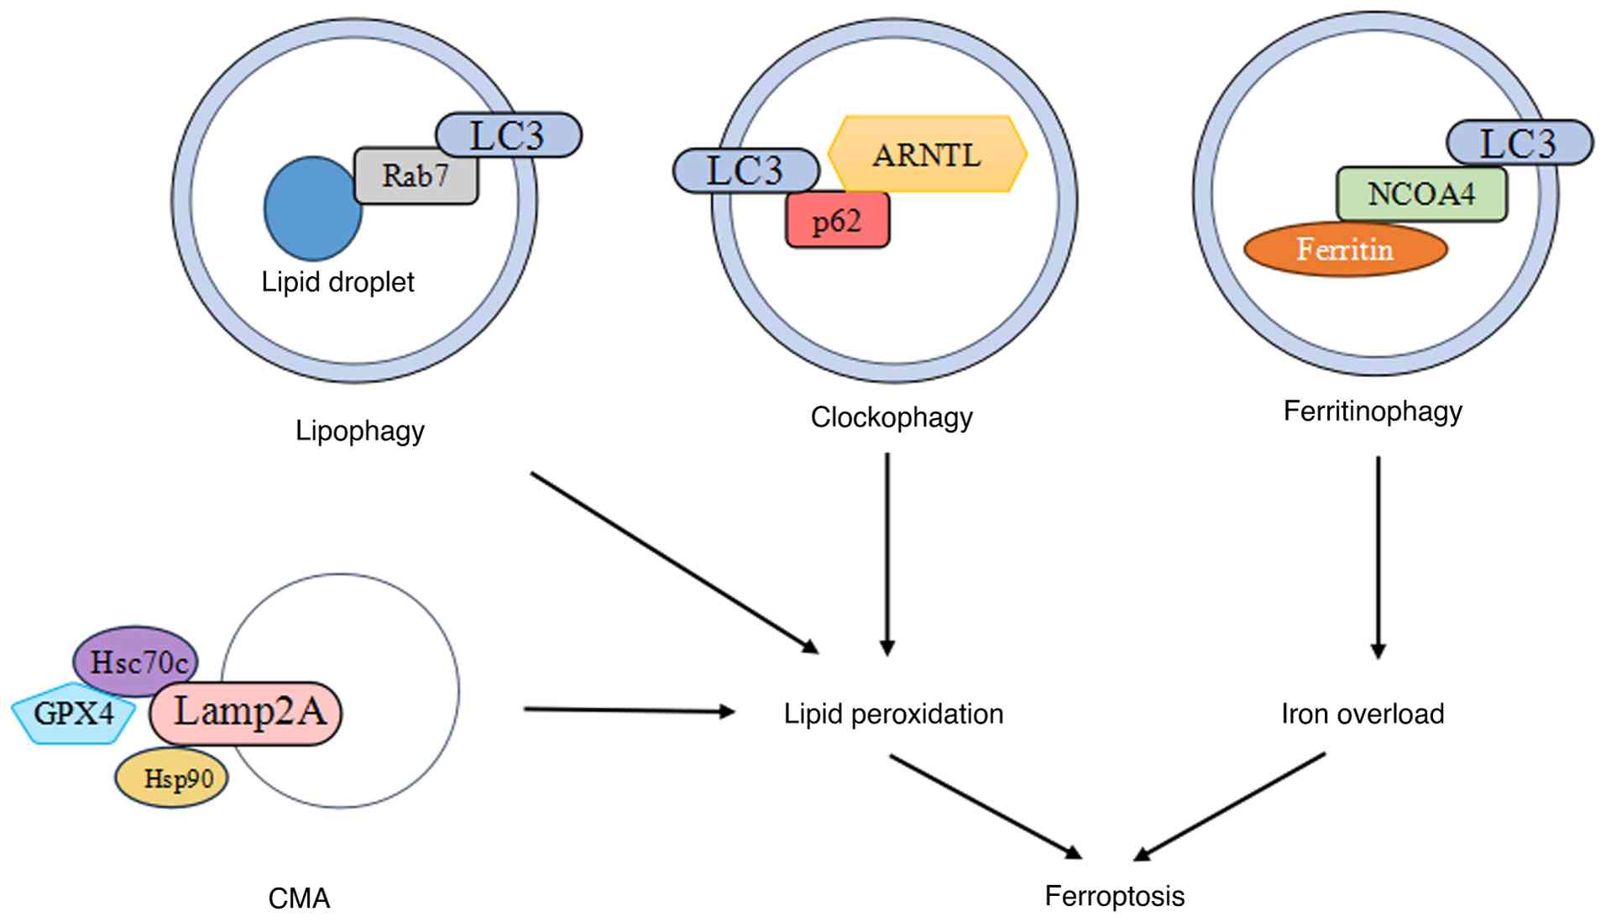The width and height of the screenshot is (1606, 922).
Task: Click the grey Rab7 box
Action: click(416, 176)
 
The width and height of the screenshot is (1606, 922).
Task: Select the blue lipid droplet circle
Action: click(311, 208)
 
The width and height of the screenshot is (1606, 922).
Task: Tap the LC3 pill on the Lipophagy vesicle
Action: click(508, 135)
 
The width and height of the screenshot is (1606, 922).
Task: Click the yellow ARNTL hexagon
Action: click(927, 155)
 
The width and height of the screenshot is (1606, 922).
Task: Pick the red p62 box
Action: click(837, 221)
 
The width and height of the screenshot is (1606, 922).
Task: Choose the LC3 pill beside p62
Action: click(745, 170)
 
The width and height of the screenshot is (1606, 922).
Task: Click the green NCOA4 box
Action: click(1420, 194)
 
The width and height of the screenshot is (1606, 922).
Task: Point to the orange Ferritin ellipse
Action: click(1345, 249)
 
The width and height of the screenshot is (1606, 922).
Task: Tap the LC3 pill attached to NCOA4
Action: click(1519, 143)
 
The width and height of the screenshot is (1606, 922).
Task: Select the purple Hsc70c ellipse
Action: click(137, 662)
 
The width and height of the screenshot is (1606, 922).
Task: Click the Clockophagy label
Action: click(891, 417)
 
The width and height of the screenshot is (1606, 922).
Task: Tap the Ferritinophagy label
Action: click(1373, 411)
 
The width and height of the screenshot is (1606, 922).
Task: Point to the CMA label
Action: click(299, 898)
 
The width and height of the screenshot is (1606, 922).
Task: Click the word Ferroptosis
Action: click(1114, 896)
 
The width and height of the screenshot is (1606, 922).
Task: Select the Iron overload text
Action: click(1362, 714)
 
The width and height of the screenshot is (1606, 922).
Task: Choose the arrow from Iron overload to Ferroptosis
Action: click(1230, 806)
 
